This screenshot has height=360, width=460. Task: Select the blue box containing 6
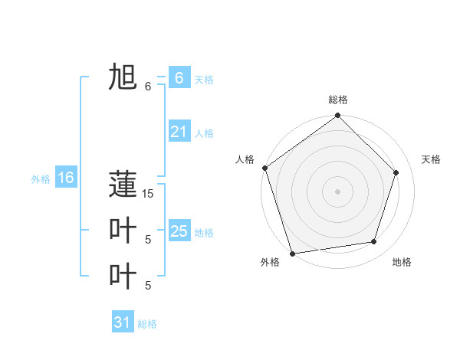179,77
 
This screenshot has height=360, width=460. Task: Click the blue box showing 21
179,132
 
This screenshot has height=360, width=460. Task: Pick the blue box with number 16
65,178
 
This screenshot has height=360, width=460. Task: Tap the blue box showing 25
179,231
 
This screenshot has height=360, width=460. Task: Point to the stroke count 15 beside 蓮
148,194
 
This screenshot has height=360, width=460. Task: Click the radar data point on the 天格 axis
396,172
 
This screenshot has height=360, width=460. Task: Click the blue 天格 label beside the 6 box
204,80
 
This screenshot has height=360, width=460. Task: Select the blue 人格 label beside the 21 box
204,133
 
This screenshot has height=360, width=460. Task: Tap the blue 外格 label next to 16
41,179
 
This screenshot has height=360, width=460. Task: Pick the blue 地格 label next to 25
204,233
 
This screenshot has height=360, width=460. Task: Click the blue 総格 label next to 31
147,324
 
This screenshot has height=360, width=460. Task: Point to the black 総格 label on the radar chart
338,100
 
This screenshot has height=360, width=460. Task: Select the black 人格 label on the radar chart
245,159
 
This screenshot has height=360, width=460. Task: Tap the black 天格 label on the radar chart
431,159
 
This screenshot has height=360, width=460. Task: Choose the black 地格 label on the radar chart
402,262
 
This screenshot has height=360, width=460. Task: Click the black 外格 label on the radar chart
270,262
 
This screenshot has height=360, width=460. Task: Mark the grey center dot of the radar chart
338,191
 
